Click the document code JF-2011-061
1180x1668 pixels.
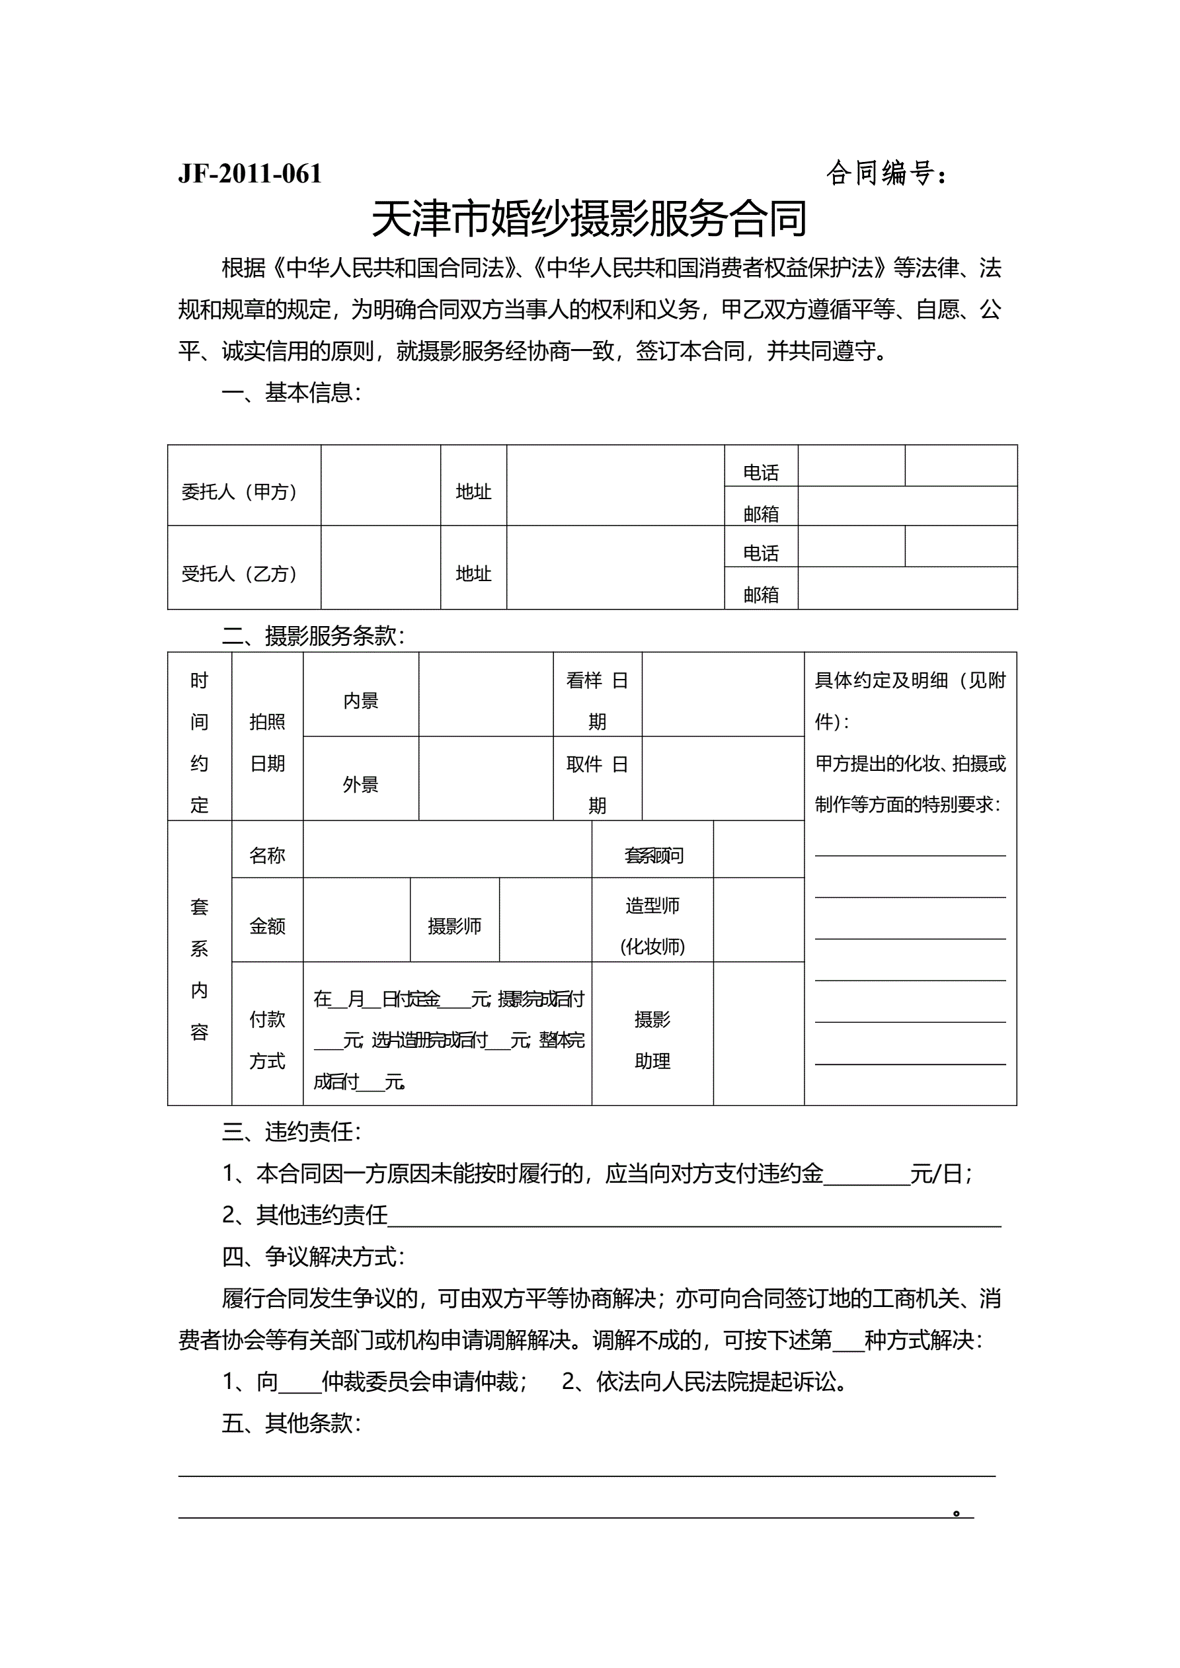pyautogui.click(x=249, y=174)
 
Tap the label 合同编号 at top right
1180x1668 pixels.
pyautogui.click(x=885, y=174)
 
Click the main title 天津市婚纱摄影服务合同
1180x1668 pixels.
pyautogui.click(x=589, y=219)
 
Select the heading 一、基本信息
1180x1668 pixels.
pyautogui.click(x=292, y=393)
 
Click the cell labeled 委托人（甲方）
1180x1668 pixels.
pyautogui.click(x=239, y=492)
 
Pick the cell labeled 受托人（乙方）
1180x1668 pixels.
pyautogui.click(x=239, y=574)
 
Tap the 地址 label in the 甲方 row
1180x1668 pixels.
pyautogui.click(x=473, y=492)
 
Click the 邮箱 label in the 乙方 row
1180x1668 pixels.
pyautogui.click(x=761, y=595)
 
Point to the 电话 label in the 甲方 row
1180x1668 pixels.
pyautogui.click(x=761, y=473)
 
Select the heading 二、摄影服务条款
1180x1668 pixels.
pyautogui.click(x=313, y=637)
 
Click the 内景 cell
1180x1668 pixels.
pyautogui.click(x=361, y=701)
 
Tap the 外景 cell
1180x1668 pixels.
pyautogui.click(x=361, y=785)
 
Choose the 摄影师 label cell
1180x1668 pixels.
pyautogui.click(x=454, y=926)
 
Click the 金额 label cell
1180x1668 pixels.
pyautogui.click(x=267, y=926)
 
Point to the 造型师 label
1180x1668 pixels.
pyautogui.click(x=652, y=906)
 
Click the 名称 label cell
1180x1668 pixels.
pyautogui.click(x=267, y=855)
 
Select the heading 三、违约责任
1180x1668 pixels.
pyautogui.click(x=292, y=1132)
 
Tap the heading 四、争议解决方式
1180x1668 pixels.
pyautogui.click(x=313, y=1257)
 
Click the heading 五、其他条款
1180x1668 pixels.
pyautogui.click(x=292, y=1423)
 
